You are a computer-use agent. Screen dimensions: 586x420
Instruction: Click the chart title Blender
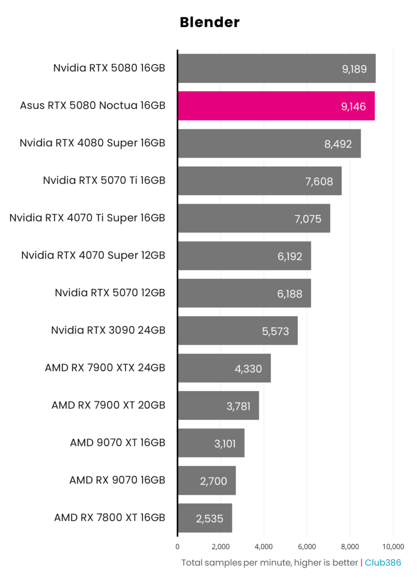[x=210, y=22]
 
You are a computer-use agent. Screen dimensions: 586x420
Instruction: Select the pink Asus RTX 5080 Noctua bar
[x=276, y=105]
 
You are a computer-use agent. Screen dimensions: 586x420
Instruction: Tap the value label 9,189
[x=354, y=69]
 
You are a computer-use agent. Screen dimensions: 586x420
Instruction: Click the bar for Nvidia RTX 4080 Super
[x=269, y=143]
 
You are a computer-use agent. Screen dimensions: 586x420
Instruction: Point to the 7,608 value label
[x=319, y=182]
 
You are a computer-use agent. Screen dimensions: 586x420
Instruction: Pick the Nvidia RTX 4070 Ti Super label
[x=87, y=218]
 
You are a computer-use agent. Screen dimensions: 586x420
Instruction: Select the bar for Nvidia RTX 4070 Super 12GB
[x=244, y=256]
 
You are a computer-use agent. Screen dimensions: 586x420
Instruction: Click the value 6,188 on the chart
[x=290, y=294]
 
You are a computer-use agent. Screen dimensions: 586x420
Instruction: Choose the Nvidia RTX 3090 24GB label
[x=108, y=330]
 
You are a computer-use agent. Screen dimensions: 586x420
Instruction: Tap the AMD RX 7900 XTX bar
[x=224, y=368]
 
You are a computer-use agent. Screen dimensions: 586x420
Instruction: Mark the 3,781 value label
[x=238, y=406]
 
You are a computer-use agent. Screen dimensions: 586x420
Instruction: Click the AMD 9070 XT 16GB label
[x=117, y=443]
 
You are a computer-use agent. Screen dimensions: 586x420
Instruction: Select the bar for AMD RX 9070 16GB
[x=207, y=481]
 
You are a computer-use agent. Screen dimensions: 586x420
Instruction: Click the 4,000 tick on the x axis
[x=264, y=546]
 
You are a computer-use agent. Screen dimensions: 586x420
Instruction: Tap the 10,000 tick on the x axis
[x=393, y=546]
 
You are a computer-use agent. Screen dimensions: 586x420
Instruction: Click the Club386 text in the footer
[x=383, y=563]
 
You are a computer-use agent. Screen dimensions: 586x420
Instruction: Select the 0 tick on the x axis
[x=177, y=546]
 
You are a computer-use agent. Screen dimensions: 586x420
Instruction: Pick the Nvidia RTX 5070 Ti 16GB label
[x=104, y=180]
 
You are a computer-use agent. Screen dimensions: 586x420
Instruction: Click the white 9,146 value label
[x=354, y=106]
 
